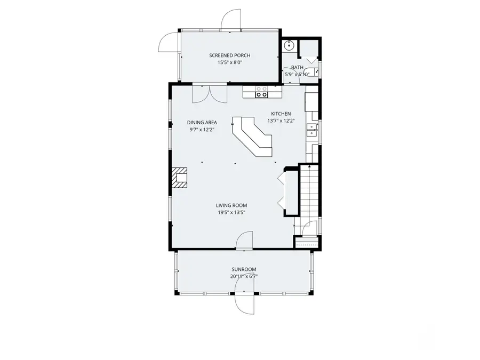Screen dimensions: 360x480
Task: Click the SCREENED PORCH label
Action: (x=229, y=55)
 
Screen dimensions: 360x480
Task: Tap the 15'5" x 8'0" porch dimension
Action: (x=229, y=62)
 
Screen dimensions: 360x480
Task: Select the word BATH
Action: (x=297, y=68)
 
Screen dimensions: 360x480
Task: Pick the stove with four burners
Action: (x=261, y=92)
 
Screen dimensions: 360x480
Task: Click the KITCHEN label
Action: (x=281, y=114)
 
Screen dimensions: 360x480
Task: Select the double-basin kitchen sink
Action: (x=311, y=130)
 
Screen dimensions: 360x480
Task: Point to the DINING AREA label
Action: (x=202, y=122)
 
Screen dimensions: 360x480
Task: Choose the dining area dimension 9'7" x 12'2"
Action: (x=202, y=129)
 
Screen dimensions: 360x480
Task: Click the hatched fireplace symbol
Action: (x=180, y=178)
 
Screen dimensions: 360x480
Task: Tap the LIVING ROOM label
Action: (x=231, y=205)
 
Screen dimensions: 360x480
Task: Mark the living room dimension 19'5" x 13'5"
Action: (x=231, y=212)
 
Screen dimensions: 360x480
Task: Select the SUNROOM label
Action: (x=244, y=269)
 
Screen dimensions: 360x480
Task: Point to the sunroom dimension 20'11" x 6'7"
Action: (x=244, y=276)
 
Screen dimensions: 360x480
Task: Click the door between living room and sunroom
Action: (x=245, y=241)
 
